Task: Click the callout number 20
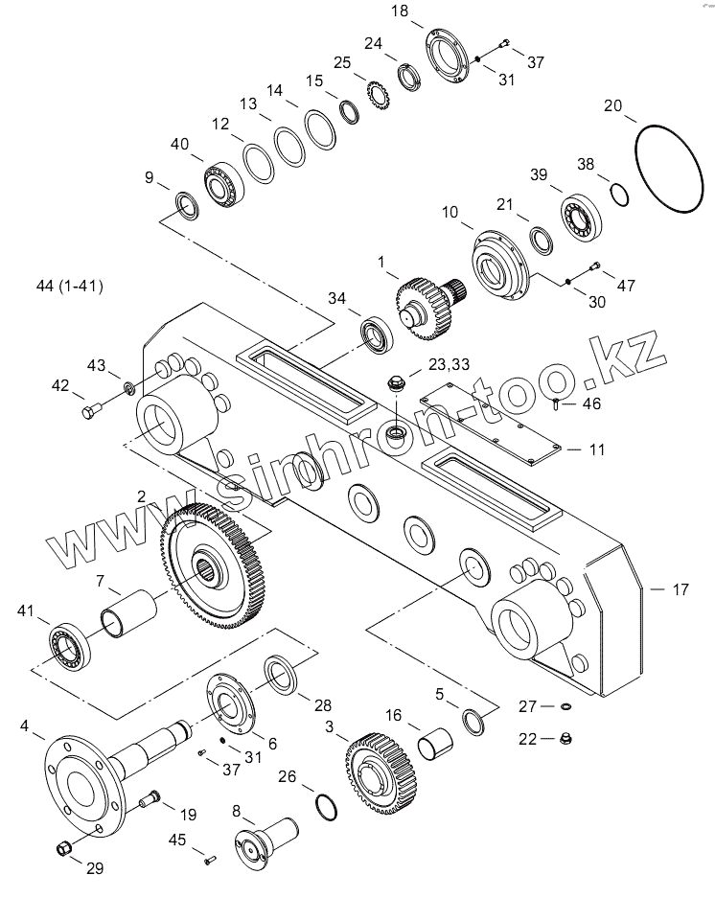point(612,105)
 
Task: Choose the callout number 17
point(680,589)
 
